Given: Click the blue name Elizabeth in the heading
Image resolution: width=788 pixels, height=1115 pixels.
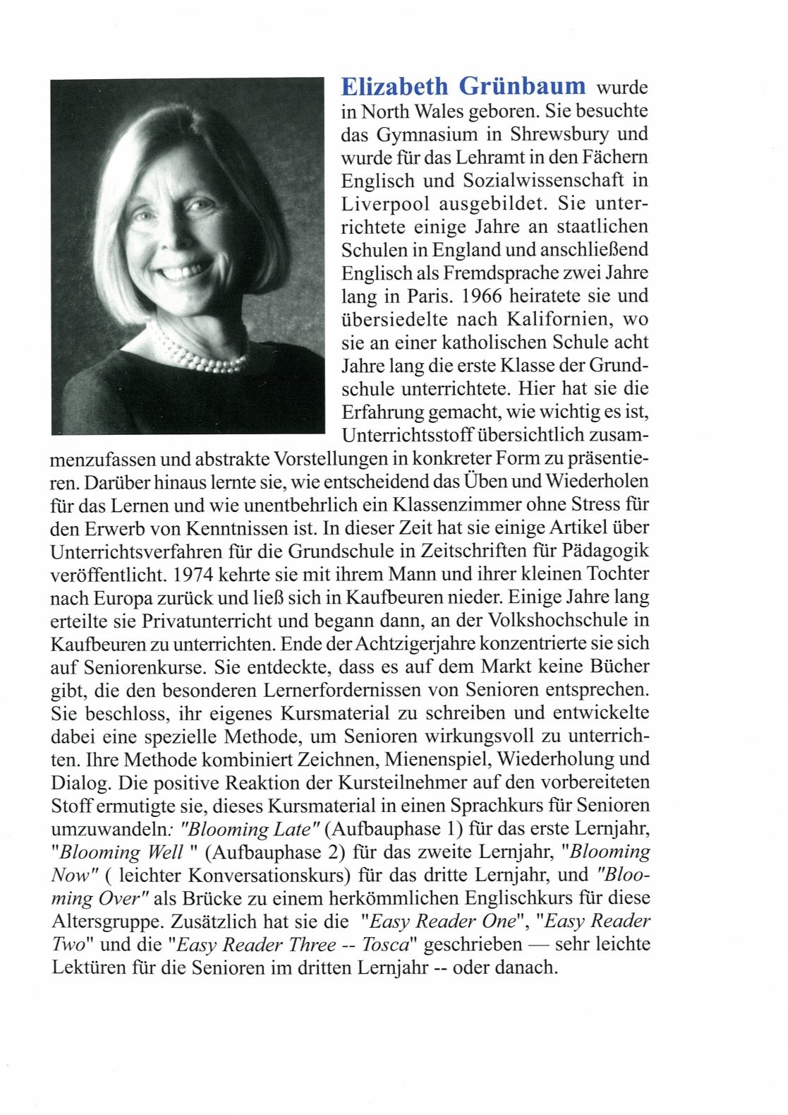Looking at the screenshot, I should [394, 86].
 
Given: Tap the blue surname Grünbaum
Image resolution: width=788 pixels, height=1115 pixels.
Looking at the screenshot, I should [523, 86].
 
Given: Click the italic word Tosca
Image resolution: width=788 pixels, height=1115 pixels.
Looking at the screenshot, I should [385, 945].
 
